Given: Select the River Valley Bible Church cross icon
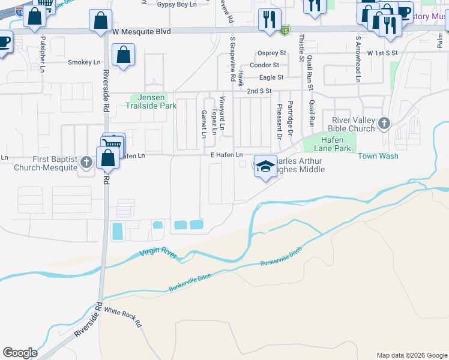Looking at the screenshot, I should [384, 124].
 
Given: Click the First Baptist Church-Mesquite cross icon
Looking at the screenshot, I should [86, 163].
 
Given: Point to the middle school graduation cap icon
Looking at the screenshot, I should [264, 166].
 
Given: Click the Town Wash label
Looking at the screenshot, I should [378, 156].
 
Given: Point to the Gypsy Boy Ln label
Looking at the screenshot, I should [176, 4].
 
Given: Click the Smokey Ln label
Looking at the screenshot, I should [84, 62].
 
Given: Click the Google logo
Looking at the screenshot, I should [20, 353].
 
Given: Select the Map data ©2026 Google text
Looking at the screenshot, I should [411, 355].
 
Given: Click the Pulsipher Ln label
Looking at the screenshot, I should [43, 51].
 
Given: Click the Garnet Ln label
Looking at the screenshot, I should [203, 124].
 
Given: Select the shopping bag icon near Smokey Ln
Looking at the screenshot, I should [123, 56].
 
